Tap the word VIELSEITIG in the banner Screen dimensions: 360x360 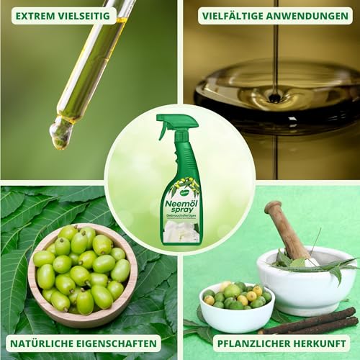click(x=86, y=15)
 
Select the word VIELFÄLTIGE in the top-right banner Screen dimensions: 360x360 click(x=236, y=15)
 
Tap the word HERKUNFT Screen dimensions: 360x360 click(x=312, y=343)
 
